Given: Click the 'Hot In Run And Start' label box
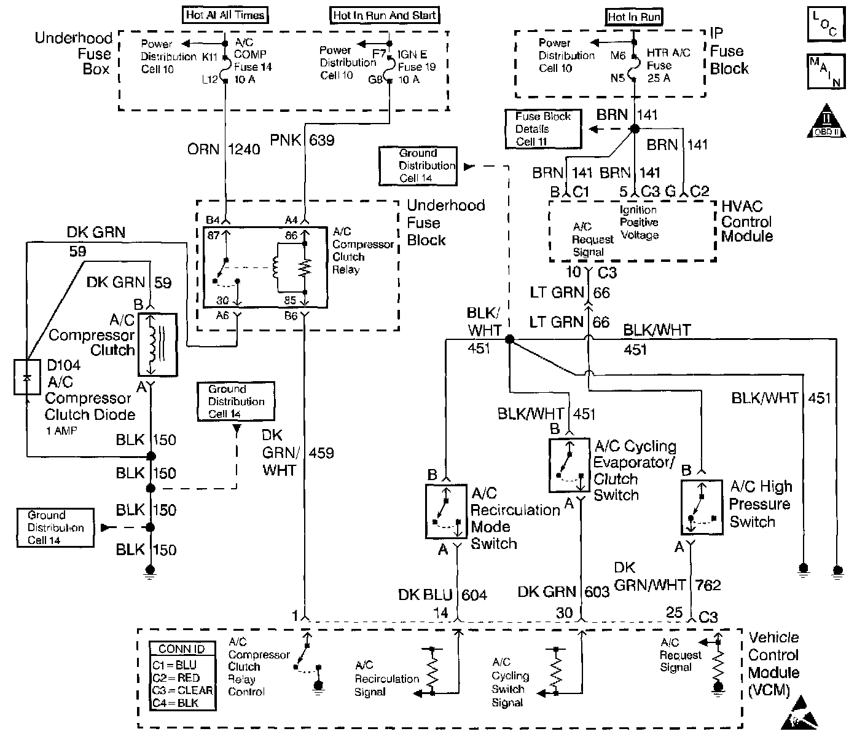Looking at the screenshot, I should point(385,15).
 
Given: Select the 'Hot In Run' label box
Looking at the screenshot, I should point(635,17).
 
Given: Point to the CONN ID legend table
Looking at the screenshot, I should point(182,676).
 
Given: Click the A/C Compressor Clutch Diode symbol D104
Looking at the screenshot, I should point(26,376).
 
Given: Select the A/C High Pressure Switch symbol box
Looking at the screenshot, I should point(701,507).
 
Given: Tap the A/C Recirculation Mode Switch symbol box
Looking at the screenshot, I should point(446,511).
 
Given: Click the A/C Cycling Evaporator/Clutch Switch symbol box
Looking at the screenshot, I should point(569,465).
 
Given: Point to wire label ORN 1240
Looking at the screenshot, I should point(224,149).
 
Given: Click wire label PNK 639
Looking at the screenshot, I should point(302,141).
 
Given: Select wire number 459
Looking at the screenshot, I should point(321,453).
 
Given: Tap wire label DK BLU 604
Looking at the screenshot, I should point(442,594).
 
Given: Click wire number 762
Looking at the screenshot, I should point(708,585).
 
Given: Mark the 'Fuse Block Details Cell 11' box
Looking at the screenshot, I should point(543,129).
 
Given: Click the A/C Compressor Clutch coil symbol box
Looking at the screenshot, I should point(157,344).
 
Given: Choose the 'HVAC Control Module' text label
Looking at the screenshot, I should point(747,221).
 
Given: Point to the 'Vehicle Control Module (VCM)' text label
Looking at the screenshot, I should point(773,663).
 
